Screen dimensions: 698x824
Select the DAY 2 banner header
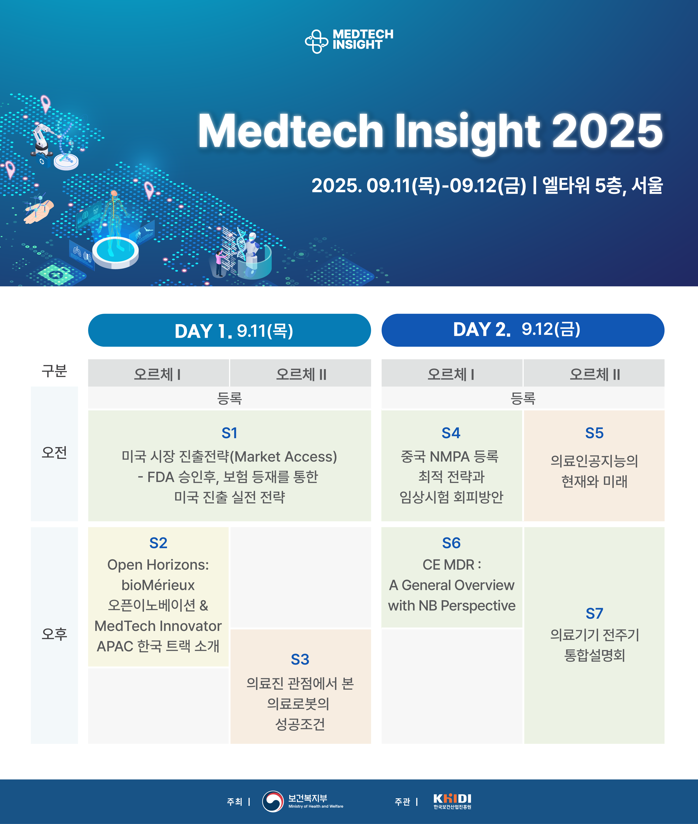click(x=523, y=330)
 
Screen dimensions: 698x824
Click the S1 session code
click(x=229, y=433)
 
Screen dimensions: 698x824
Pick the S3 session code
click(x=300, y=659)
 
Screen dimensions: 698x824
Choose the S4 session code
click(x=451, y=433)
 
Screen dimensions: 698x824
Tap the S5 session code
click(x=594, y=433)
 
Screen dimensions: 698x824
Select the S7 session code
click(x=594, y=613)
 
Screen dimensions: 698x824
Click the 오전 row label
click(x=54, y=452)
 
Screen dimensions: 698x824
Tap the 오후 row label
click(x=54, y=634)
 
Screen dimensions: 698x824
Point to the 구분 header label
click(x=54, y=371)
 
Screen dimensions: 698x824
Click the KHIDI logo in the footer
click(x=452, y=801)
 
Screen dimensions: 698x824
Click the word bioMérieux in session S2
click(x=158, y=585)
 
